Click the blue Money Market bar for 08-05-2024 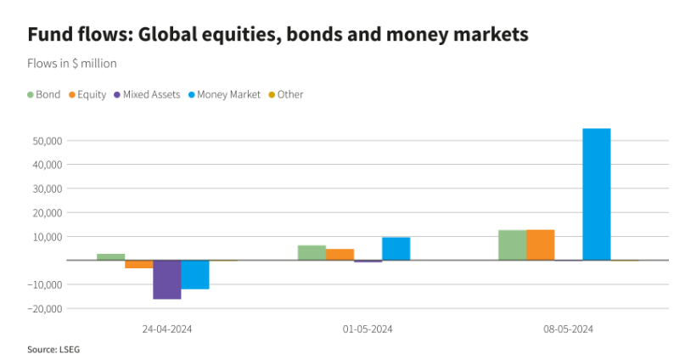(x=596, y=194)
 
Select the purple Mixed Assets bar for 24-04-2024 (x=166, y=279)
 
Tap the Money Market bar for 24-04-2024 (x=194, y=274)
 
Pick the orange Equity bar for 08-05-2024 (x=540, y=245)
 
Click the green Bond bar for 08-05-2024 (x=512, y=245)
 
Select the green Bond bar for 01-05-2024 (x=312, y=252)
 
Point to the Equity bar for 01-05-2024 (x=340, y=254)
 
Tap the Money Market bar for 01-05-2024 (x=396, y=248)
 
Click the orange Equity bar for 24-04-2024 (x=138, y=264)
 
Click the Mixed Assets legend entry (x=151, y=95)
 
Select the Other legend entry (x=289, y=95)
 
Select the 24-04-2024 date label (x=166, y=329)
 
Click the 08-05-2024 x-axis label (x=568, y=329)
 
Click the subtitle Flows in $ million (x=72, y=64)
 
